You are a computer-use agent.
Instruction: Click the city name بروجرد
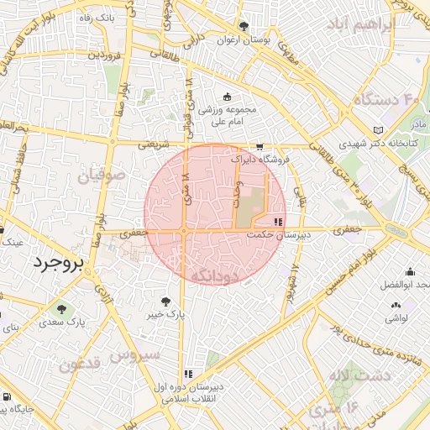59,264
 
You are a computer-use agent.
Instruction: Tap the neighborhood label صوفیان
102,177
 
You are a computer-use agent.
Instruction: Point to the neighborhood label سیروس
139,354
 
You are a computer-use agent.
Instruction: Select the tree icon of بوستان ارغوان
244,26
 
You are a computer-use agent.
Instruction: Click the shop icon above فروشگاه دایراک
260,144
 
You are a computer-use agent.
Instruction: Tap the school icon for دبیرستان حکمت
278,222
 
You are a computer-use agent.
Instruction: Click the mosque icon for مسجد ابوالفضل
410,271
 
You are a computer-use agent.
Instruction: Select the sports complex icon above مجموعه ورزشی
228,96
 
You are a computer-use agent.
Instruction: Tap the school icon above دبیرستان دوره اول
188,373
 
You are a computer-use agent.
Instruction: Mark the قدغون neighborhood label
81,364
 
